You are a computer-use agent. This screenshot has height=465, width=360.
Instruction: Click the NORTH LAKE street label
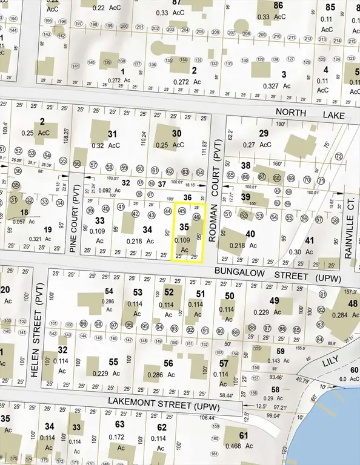[310, 114]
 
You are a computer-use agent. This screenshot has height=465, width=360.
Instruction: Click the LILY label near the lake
[347, 361]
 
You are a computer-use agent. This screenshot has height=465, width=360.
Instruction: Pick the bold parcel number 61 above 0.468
[243, 435]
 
